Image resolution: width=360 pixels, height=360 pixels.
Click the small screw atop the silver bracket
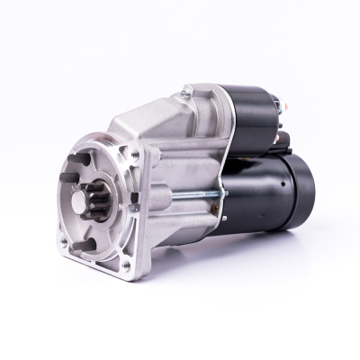coord(187,92)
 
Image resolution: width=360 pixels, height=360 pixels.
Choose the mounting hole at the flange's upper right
coord(135,156)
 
